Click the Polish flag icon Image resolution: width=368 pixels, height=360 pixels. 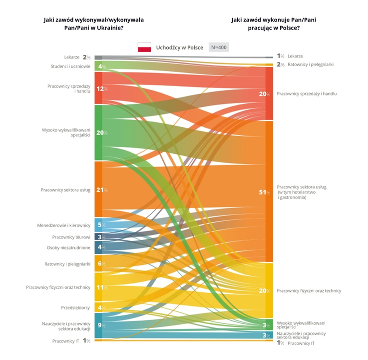coord(144,47)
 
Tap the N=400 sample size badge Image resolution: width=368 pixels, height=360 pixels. coord(219,47)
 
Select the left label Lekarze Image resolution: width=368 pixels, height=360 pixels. coord(71,57)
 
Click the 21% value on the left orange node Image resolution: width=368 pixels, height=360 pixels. coord(101,190)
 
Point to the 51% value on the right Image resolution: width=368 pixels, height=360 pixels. coord(264,192)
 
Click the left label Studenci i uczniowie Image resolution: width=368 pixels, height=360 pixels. coord(70,66)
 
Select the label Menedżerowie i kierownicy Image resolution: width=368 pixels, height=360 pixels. coord(63,225)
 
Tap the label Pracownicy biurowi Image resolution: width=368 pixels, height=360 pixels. coord(71,237)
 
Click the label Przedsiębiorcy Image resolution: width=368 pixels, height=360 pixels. coord(75,307)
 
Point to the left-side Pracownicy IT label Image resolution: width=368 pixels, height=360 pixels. coord(66,341)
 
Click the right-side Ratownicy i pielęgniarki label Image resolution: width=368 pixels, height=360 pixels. coord(310,64)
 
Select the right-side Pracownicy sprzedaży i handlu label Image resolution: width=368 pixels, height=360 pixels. coord(307,93)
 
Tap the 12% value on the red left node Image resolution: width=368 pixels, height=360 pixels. coord(101,89)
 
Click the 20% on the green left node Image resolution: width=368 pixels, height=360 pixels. coord(101,133)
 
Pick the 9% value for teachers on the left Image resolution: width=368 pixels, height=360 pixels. coord(101,325)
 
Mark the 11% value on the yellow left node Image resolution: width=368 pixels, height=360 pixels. coord(101,287)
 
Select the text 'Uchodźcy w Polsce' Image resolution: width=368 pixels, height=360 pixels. coord(179,47)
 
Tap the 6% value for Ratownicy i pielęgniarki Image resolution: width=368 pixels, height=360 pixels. coord(101,263)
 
